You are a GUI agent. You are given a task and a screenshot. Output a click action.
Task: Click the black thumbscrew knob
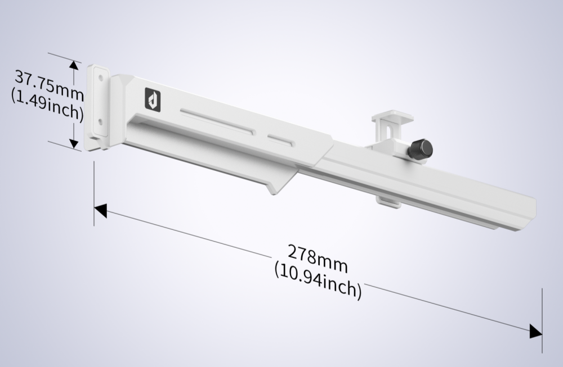[420, 148]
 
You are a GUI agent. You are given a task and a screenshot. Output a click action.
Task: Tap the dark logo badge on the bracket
[153, 99]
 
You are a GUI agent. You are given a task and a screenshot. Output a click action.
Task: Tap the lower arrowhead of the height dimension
[74, 143]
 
